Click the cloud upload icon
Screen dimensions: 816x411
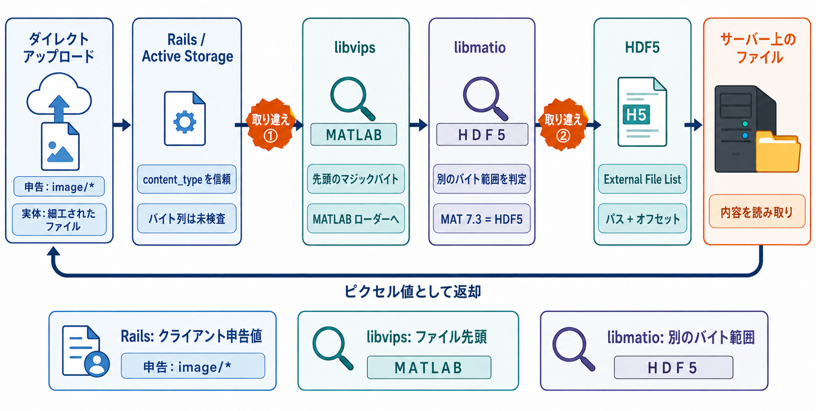[59, 96]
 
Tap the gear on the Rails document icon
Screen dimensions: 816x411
[185, 122]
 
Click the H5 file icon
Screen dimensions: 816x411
[642, 111]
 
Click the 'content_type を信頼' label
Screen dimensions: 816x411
[187, 179]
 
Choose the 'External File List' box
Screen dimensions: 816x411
[642, 179]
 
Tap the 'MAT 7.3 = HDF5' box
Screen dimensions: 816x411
[482, 219]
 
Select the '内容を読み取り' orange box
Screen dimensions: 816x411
[757, 211]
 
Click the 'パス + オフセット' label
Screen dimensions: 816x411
[642, 219]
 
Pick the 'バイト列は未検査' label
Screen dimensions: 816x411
[187, 219]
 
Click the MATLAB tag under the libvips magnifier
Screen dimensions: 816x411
[354, 135]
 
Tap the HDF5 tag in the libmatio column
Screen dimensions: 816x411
[482, 135]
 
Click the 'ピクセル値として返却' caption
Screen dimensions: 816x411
[413, 292]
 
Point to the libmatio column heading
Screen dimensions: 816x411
[480, 47]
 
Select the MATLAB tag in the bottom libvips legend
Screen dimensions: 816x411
[429, 368]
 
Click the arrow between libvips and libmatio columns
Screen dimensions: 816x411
[418, 125]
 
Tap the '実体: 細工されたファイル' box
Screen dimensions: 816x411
[59, 219]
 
